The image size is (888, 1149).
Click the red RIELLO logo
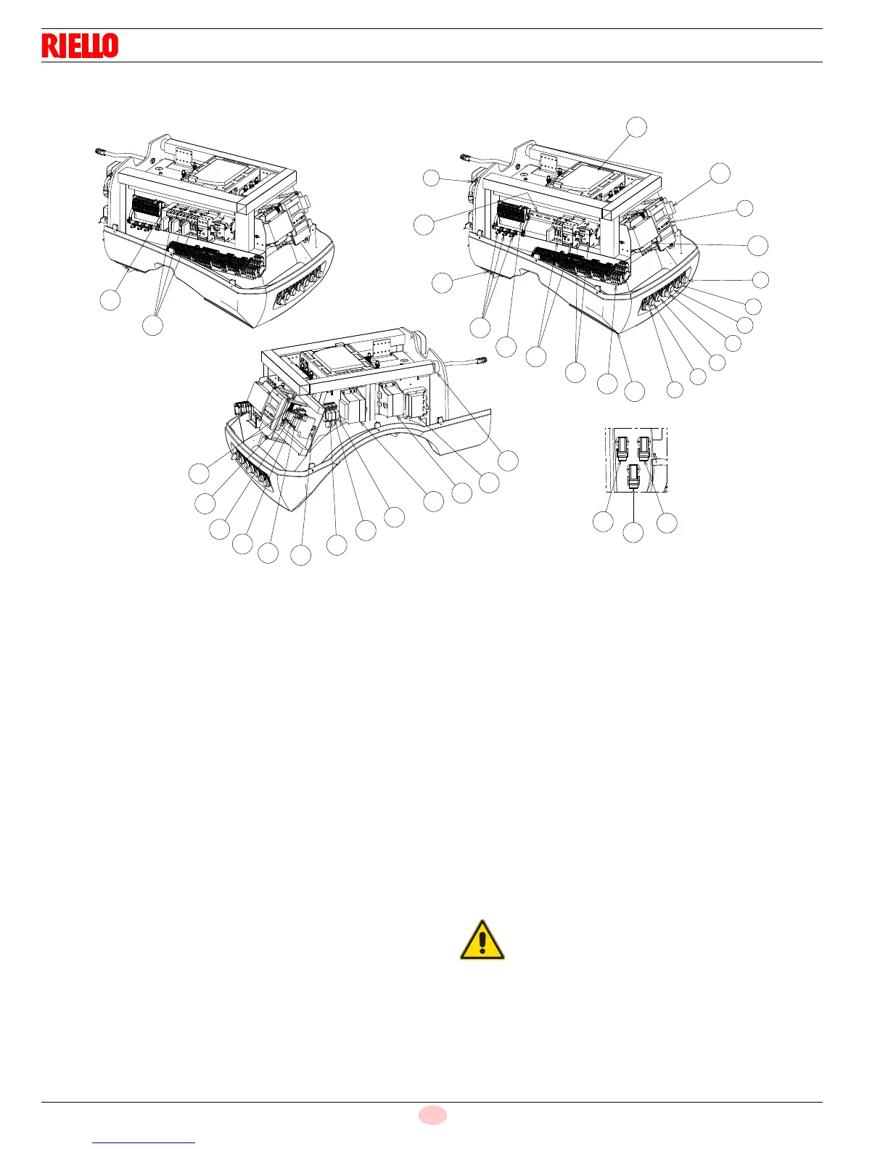tap(80, 46)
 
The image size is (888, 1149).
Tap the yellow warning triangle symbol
tap(482, 941)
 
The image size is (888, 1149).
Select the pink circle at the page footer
tap(432, 1115)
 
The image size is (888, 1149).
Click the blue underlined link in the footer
tap(144, 1142)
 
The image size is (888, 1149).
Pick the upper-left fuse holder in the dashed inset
tap(621, 449)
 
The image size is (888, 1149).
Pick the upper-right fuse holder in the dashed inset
tap(644, 448)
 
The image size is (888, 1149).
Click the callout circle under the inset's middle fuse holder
tap(633, 532)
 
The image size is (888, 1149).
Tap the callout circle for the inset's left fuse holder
tap(603, 521)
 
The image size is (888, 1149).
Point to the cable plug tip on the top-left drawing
tap(100, 151)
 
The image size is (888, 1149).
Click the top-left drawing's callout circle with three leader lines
tap(152, 326)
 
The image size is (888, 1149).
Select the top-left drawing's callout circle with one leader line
tap(110, 300)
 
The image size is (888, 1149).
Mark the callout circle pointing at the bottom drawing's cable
tap(509, 460)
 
